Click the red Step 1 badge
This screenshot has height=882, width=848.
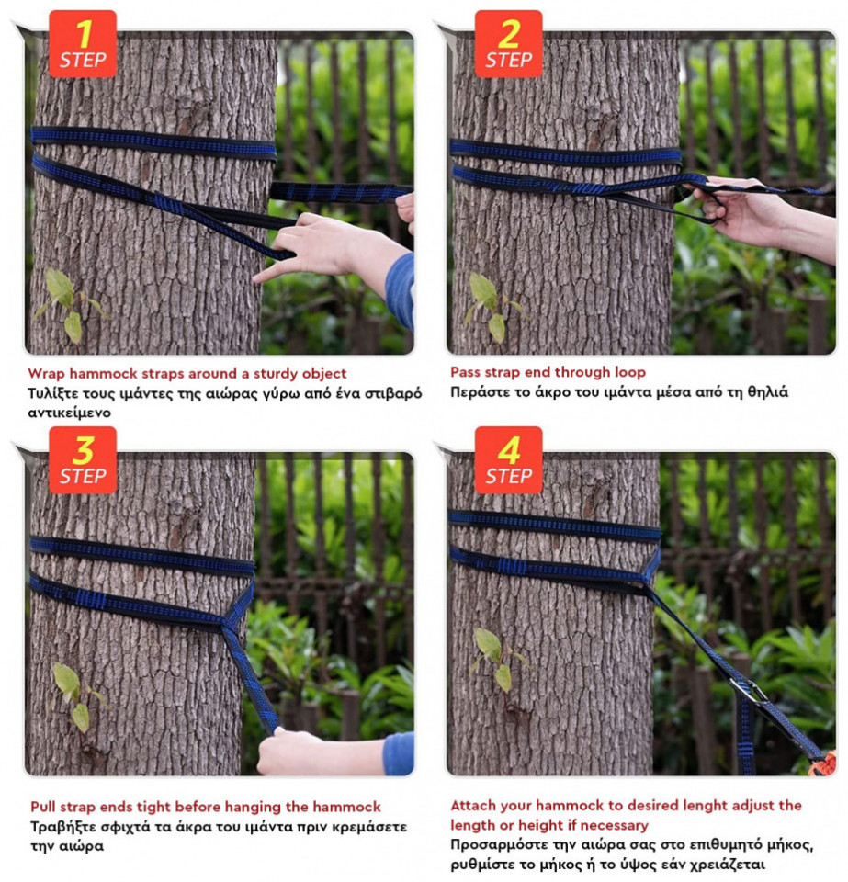click(83, 44)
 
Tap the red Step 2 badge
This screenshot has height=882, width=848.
click(508, 44)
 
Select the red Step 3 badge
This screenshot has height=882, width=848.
click(83, 460)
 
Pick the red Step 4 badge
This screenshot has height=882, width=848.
click(508, 460)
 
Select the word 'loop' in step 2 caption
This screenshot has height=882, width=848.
click(630, 372)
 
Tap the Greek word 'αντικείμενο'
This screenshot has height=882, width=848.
click(69, 413)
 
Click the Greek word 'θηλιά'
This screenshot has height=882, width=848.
click(767, 392)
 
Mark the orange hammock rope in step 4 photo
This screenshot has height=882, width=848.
click(824, 765)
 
